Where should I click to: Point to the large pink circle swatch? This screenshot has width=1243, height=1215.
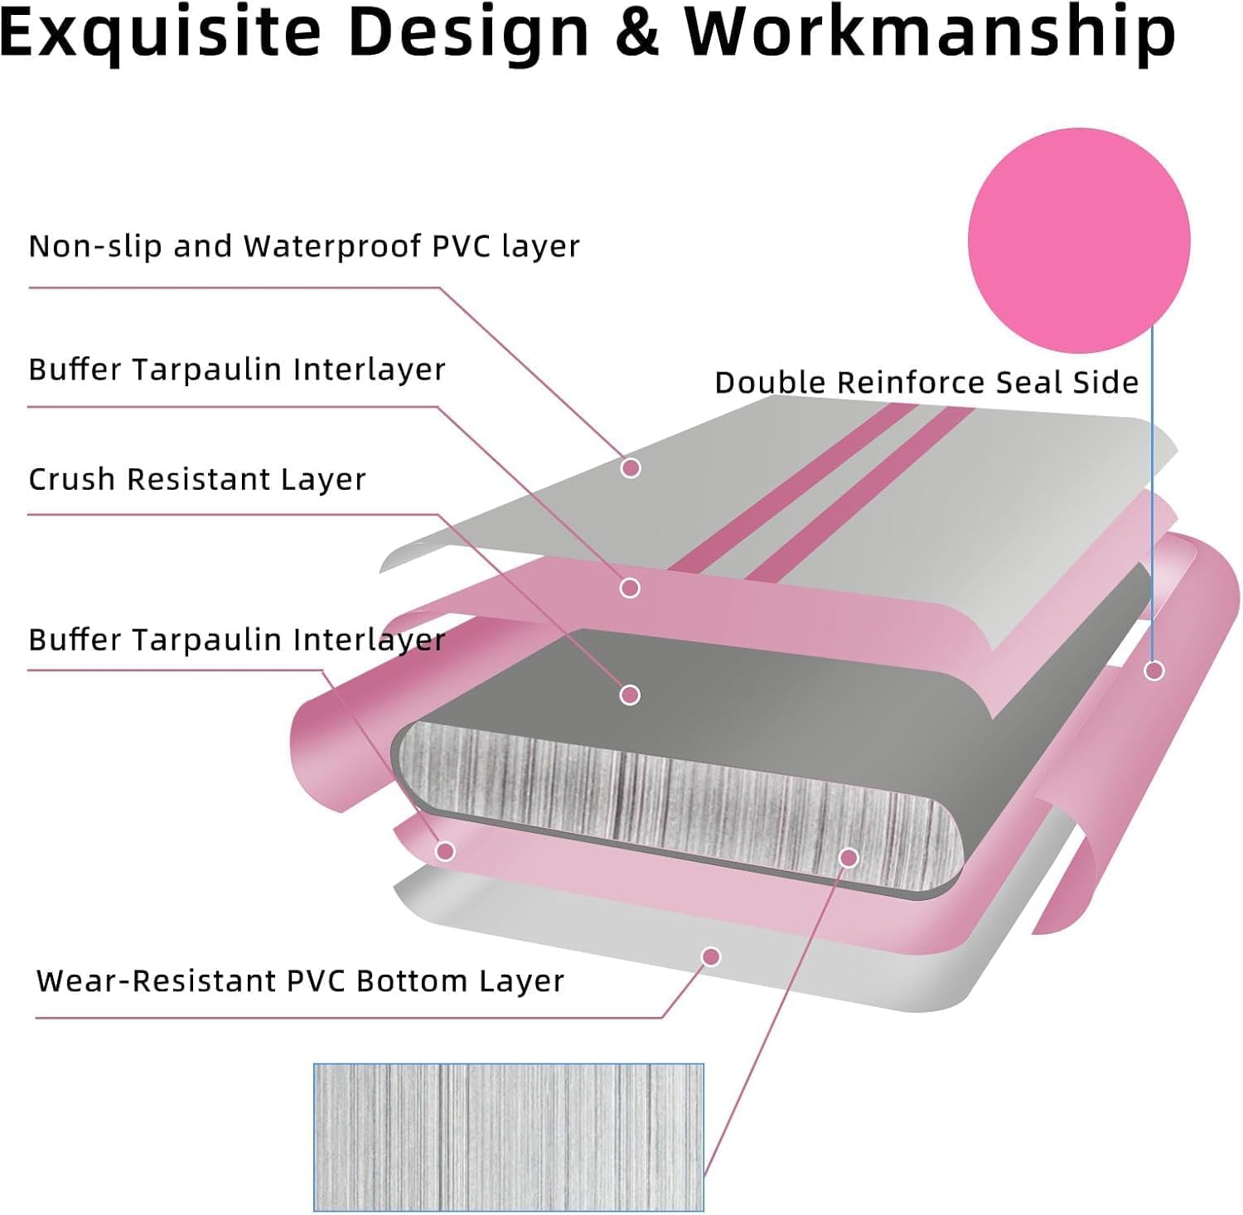point(1079,240)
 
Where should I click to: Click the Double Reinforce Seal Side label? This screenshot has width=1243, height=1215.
point(926,382)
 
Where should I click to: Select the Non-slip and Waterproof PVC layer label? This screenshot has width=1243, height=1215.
point(304,246)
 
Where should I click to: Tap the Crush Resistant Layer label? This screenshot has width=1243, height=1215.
point(197,479)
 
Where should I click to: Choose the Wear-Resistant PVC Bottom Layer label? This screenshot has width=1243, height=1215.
point(300,980)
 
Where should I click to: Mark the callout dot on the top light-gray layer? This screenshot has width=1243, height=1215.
point(631,468)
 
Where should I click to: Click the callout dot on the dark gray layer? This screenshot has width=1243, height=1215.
point(630,695)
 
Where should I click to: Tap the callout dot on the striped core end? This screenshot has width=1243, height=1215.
point(849,858)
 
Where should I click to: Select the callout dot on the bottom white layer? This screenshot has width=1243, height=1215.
point(710,957)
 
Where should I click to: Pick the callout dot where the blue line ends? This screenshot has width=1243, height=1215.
point(1154,670)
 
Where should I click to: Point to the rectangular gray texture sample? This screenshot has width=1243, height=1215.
point(509,1137)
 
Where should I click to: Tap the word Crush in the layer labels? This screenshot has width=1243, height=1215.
point(72,479)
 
